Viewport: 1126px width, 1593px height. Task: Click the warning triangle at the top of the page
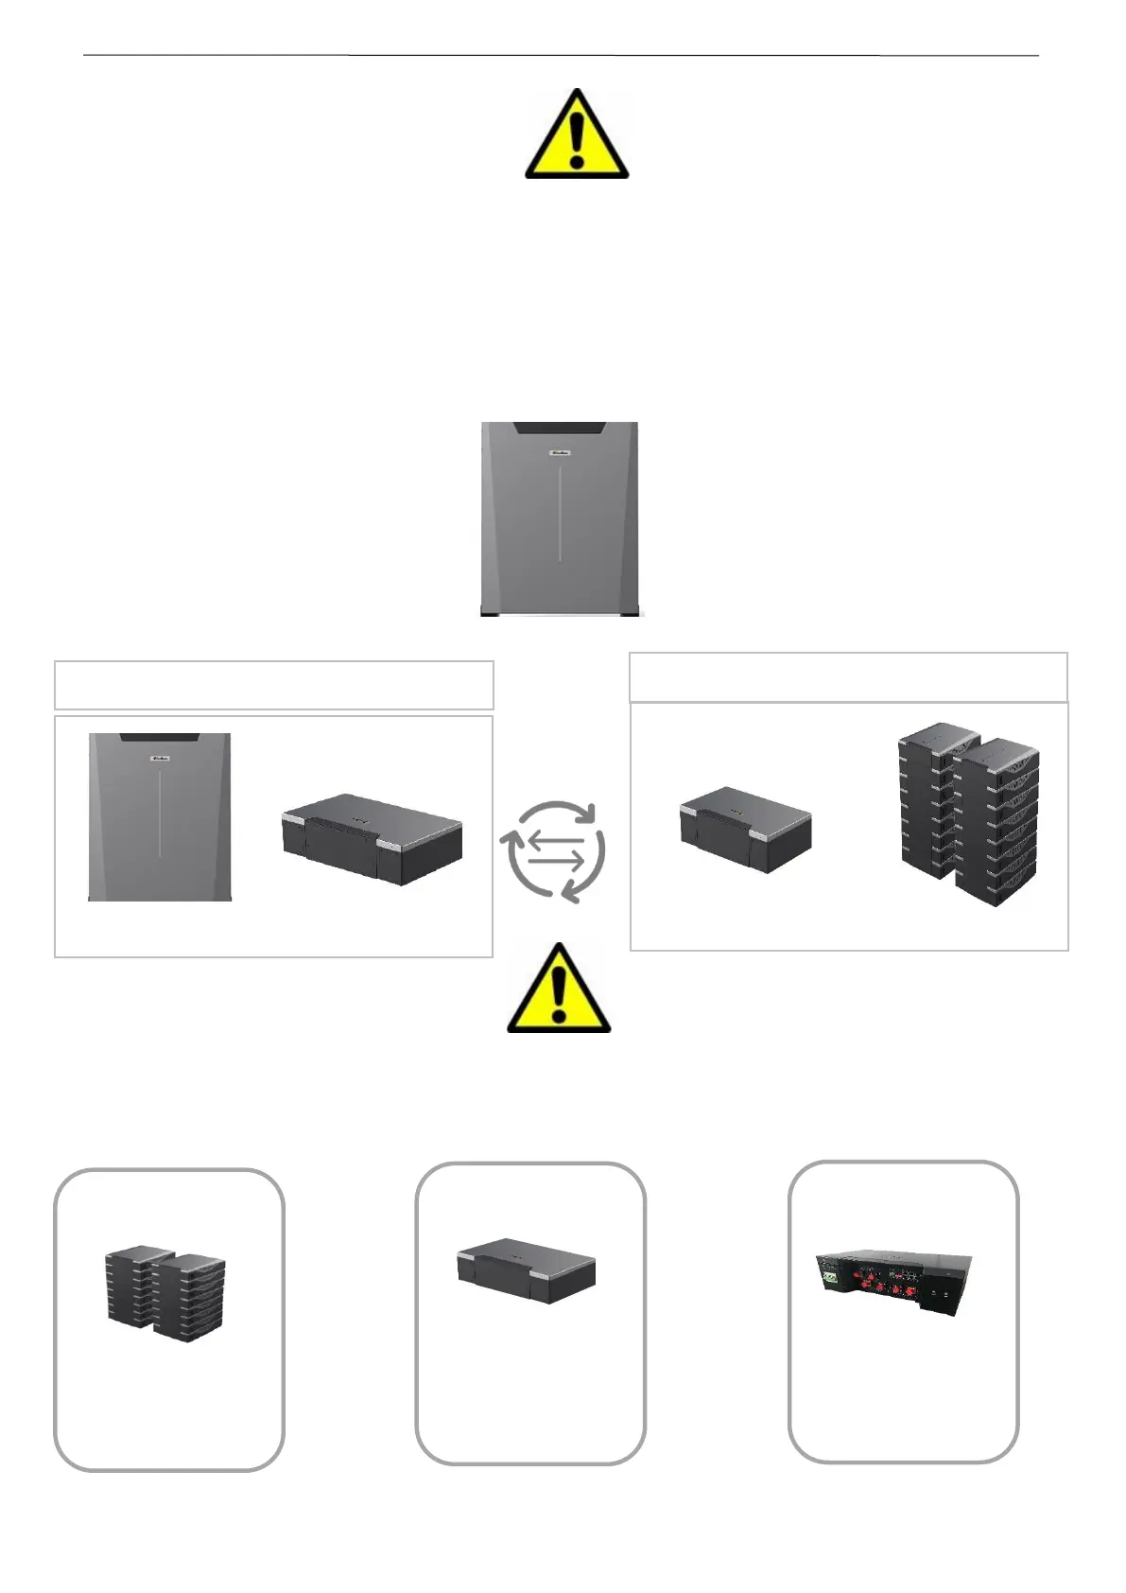tap(577, 135)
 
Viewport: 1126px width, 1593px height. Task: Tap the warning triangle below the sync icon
tap(559, 989)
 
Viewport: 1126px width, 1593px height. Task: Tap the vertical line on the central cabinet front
tap(560, 511)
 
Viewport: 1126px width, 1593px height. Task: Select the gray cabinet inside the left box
tap(160, 815)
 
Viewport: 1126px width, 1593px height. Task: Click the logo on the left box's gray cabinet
tap(160, 758)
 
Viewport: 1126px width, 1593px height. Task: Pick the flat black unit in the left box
tap(372, 839)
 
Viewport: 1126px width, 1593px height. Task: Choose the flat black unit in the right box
tap(746, 830)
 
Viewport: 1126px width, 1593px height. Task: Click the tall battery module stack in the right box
tap(967, 814)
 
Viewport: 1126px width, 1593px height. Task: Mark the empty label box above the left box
tap(274, 685)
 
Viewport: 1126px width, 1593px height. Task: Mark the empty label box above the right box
tap(848, 677)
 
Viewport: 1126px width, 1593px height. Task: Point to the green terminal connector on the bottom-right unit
tap(830, 1275)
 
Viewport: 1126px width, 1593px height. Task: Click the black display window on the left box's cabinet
tap(159, 737)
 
